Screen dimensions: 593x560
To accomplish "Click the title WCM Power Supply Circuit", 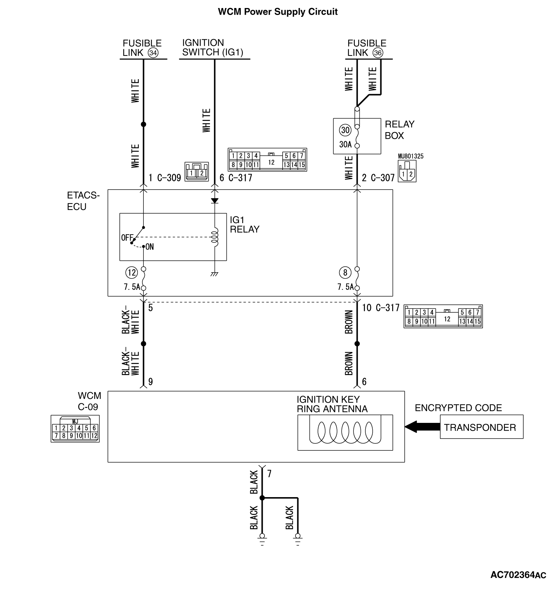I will [277, 12].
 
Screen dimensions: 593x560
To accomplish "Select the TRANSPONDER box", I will [481, 427].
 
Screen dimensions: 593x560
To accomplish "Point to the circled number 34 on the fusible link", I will [153, 53].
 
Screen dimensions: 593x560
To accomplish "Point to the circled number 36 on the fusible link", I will [378, 53].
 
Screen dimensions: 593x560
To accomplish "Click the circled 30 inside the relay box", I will [345, 130].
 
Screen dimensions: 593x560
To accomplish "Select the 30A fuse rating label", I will [345, 144].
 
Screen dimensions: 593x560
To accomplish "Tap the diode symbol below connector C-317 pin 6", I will [215, 201].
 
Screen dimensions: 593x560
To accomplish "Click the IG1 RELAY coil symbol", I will [215, 237].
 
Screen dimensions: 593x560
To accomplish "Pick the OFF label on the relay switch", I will [127, 238].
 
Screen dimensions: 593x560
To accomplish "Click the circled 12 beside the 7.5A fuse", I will [132, 272].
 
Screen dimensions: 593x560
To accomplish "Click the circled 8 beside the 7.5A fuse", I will [345, 272].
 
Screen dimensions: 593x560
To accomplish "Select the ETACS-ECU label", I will [83, 201].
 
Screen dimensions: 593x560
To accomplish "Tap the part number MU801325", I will [411, 156].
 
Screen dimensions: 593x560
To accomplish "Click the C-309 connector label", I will [169, 178].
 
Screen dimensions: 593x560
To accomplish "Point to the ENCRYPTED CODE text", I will [458, 408].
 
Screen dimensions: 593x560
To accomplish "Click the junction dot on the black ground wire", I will [262, 498].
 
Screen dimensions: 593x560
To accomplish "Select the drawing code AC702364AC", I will [518, 575].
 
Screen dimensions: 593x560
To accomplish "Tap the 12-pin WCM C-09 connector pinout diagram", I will [75, 429].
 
